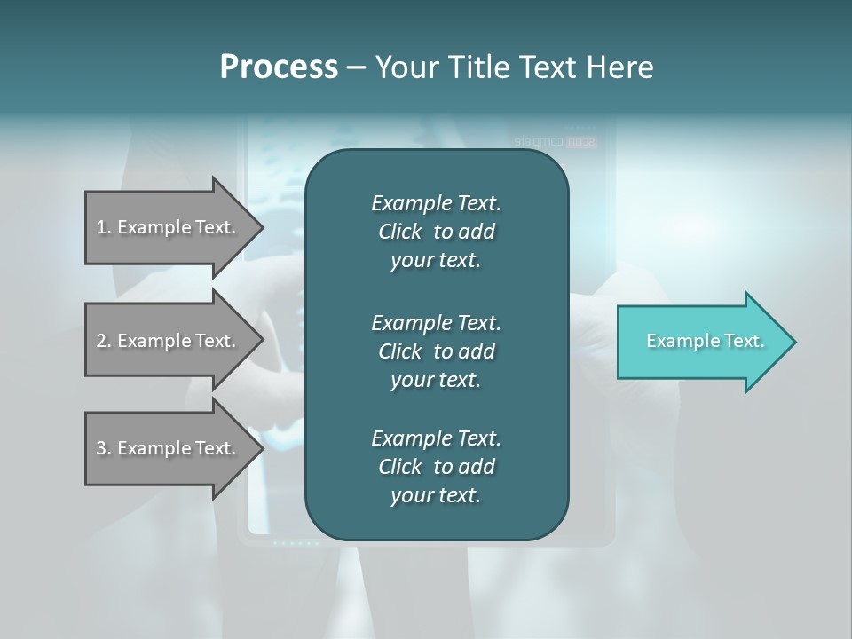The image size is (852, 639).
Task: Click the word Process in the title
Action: pos(279,67)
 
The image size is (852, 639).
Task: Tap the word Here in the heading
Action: pos(619,67)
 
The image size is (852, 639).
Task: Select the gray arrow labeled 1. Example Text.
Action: pos(166,227)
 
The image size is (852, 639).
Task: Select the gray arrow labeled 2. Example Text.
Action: pos(166,341)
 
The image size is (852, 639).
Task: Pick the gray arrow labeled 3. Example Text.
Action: pos(166,448)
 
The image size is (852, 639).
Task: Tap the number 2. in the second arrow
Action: pos(104,341)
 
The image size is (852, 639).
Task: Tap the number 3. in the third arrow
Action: pos(104,448)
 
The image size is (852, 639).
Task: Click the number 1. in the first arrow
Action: pos(104,227)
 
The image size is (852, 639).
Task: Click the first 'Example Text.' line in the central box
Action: pos(436,203)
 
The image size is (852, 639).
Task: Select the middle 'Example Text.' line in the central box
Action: pos(436,322)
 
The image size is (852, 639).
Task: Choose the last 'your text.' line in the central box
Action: pos(436,495)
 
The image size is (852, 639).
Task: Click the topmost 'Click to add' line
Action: pos(436,232)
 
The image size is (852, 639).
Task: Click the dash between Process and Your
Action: pos(356,67)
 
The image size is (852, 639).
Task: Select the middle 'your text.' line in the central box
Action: pos(436,380)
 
